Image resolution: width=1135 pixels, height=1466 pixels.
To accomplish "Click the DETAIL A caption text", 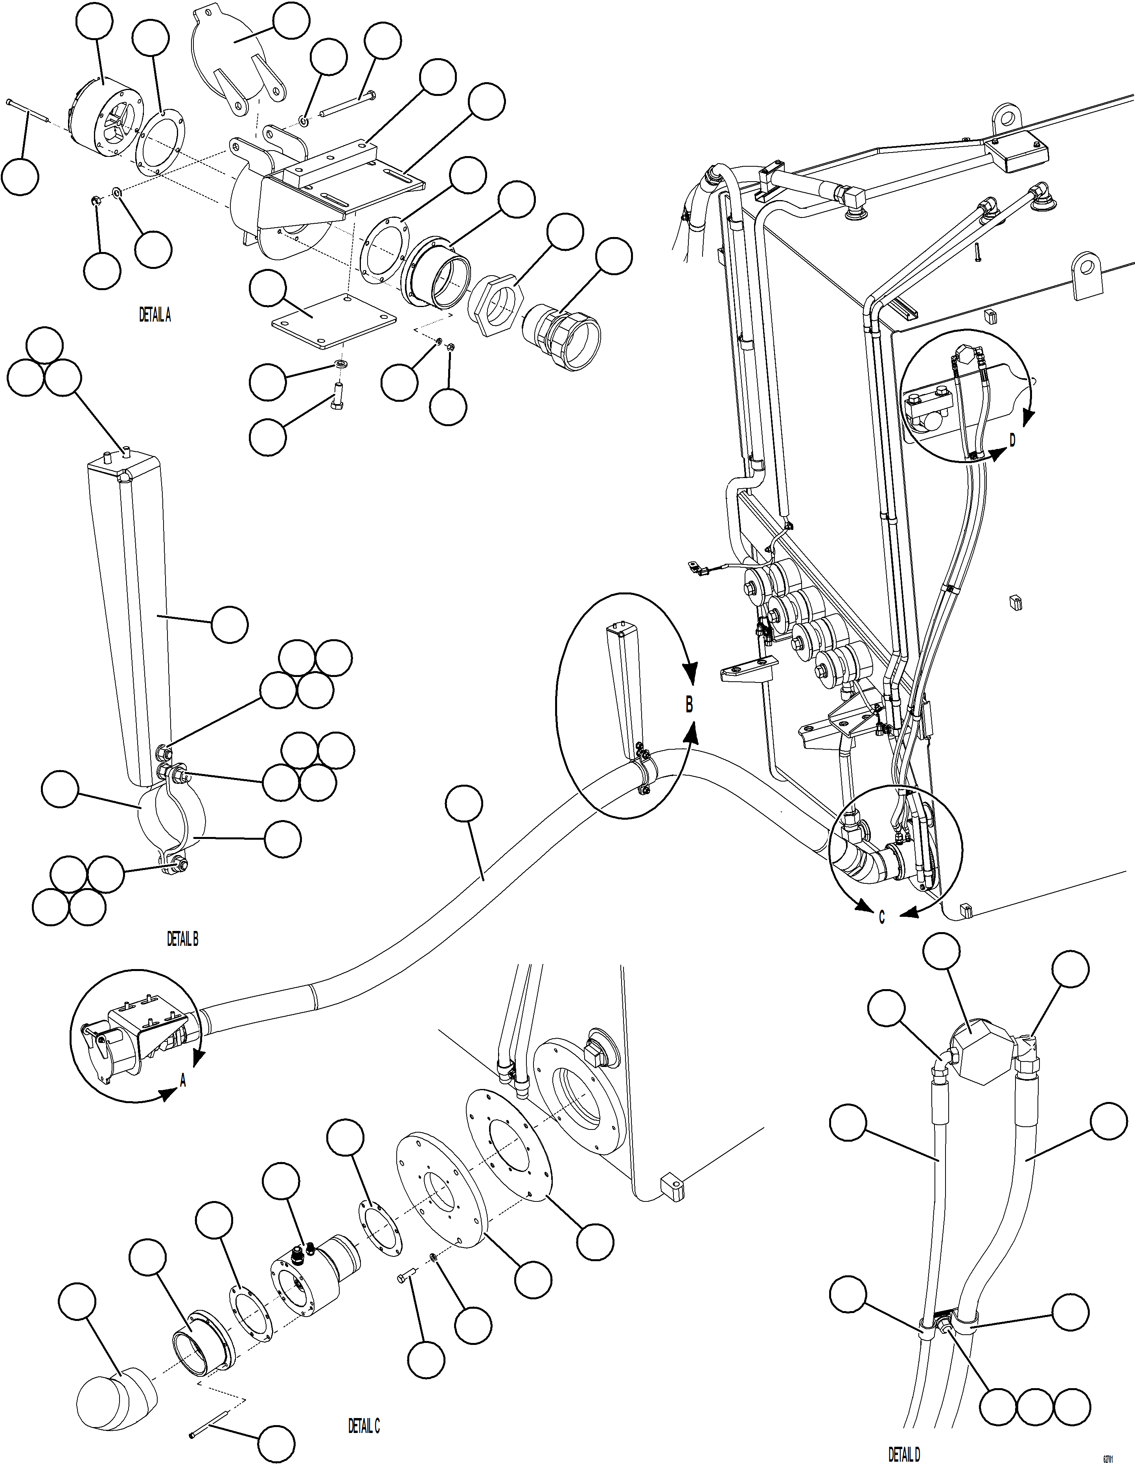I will pos(155,315).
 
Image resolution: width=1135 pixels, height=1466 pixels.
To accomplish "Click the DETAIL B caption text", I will pos(182,939).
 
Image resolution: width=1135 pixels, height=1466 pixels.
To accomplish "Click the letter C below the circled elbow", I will pos(881,918).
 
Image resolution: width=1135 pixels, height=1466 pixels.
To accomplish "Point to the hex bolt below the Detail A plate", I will pos(338,397).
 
